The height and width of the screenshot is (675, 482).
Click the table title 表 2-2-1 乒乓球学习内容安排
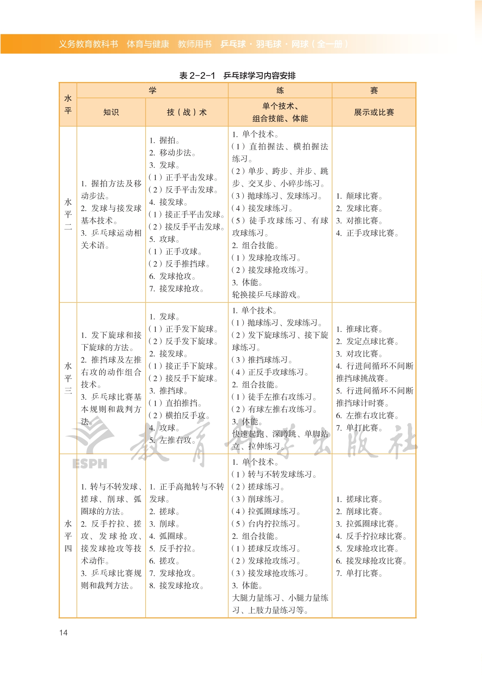(x=237, y=76)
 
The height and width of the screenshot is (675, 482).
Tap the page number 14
(x=63, y=632)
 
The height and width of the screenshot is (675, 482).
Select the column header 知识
(x=111, y=112)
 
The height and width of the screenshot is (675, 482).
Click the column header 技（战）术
(x=187, y=112)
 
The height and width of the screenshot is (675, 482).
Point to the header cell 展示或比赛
(x=374, y=112)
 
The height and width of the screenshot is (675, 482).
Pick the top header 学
(x=153, y=90)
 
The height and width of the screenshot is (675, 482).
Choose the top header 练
(x=280, y=90)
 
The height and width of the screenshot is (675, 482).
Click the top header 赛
(x=374, y=90)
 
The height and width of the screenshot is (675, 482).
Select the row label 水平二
(x=68, y=214)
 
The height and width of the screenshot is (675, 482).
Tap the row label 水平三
(x=68, y=378)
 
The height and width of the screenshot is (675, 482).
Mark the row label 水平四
(x=68, y=536)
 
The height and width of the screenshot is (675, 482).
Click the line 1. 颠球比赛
(x=359, y=196)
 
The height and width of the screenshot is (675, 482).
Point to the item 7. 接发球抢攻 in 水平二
(x=176, y=289)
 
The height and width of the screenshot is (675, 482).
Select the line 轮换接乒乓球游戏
(x=266, y=295)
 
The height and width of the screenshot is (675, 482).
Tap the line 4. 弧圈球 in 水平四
(x=168, y=536)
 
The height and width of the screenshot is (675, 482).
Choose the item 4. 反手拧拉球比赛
(x=371, y=536)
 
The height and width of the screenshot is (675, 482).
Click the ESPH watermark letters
(x=90, y=464)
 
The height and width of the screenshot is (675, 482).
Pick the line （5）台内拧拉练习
(x=266, y=524)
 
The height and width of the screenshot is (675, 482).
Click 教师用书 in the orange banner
(x=194, y=44)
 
